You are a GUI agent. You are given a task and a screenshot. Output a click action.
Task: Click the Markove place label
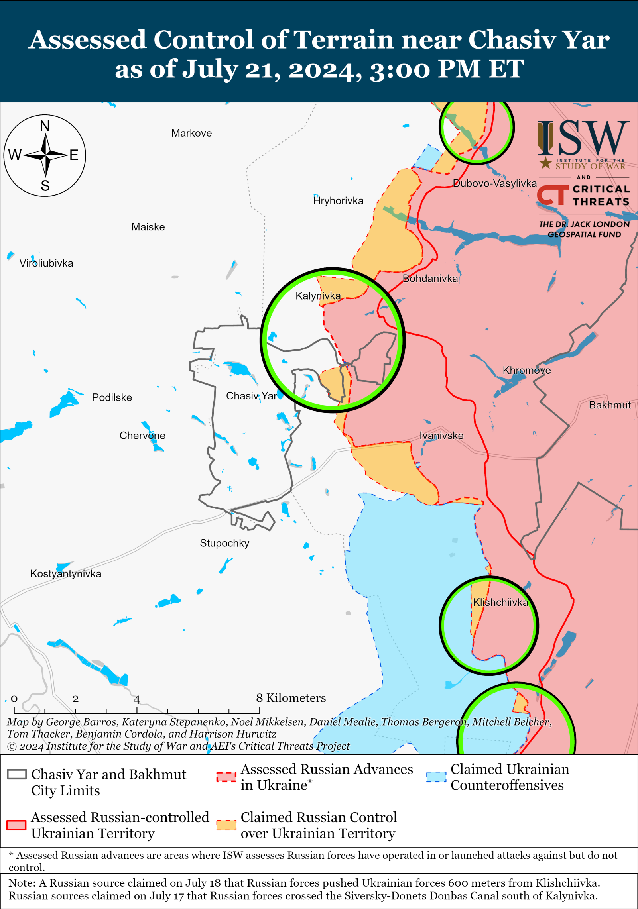pos(191,133)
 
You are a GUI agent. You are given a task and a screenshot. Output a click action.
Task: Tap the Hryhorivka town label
pos(338,201)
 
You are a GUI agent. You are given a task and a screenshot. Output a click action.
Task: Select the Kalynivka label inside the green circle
pos(318,296)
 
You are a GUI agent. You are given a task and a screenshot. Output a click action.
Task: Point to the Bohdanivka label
pos(430,279)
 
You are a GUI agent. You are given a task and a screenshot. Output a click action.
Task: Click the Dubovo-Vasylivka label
pos(494,183)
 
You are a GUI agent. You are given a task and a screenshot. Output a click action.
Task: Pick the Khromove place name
pos(526,370)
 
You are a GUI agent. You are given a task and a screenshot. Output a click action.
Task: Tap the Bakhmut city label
pos(609,405)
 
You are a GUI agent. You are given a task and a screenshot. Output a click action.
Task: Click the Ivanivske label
pos(441,436)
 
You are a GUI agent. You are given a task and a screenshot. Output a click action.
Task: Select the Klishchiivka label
pos(500,602)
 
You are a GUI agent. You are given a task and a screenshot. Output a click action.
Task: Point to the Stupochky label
pos(224,543)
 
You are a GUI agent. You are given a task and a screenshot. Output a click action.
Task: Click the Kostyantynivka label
pos(66,574)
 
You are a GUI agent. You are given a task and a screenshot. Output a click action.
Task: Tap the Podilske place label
pos(112,397)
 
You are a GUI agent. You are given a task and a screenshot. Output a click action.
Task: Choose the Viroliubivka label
pos(46,263)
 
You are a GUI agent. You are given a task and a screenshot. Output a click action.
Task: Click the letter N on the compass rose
pos(45,126)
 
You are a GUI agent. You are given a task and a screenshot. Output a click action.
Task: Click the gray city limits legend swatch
pos(17,774)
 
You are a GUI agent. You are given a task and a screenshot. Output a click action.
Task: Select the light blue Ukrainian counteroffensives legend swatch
pos(436,777)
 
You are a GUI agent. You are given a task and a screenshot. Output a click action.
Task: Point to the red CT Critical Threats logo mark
pos(552,195)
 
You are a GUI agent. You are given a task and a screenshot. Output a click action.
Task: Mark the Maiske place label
pos(148,227)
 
